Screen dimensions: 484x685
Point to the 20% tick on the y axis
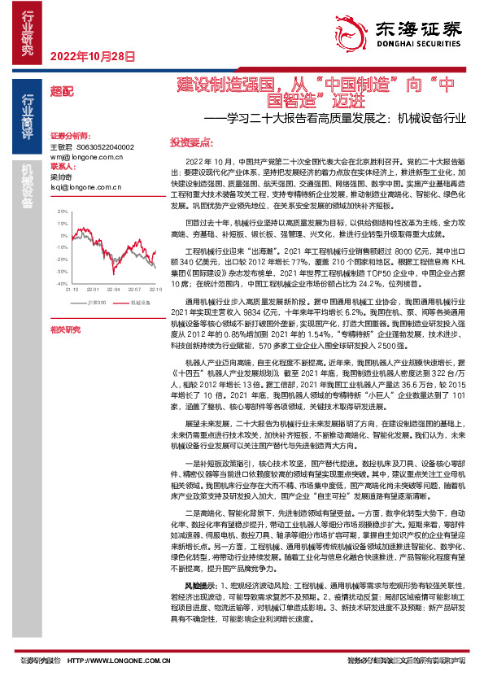[62, 211]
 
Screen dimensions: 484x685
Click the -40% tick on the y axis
[61, 283]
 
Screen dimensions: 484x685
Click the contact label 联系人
[60, 166]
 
